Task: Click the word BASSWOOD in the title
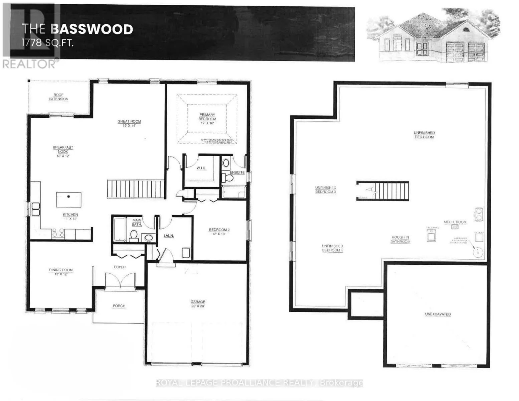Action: [92, 29]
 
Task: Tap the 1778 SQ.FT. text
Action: [47, 43]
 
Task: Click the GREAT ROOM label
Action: [129, 123]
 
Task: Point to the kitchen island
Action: [68, 199]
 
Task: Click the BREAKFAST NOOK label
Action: [63, 151]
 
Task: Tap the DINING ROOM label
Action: [61, 272]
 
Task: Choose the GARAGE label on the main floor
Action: [198, 304]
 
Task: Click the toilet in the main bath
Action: [134, 235]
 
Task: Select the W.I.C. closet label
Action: [201, 168]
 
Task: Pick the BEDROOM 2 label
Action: [219, 232]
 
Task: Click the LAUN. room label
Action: [169, 236]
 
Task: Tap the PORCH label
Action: [119, 306]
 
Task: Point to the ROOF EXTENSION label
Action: [58, 97]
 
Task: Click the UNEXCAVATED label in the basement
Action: [438, 314]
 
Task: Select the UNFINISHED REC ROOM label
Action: [424, 135]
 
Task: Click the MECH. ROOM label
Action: [455, 222]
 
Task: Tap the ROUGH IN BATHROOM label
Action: [400, 239]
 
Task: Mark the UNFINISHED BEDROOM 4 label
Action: [332, 248]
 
